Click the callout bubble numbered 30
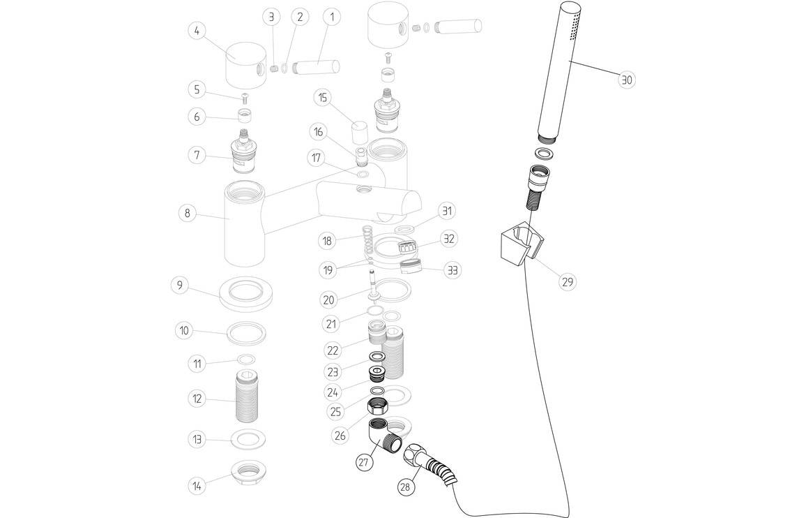pos(626,80)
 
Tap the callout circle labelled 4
pos(198,31)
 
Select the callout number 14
pos(198,484)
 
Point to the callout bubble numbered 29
pos(567,281)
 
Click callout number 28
pos(405,487)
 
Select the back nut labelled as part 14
pos(248,475)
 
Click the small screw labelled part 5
pos(245,96)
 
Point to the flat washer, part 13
pos(248,439)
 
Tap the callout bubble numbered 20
pos(329,299)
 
